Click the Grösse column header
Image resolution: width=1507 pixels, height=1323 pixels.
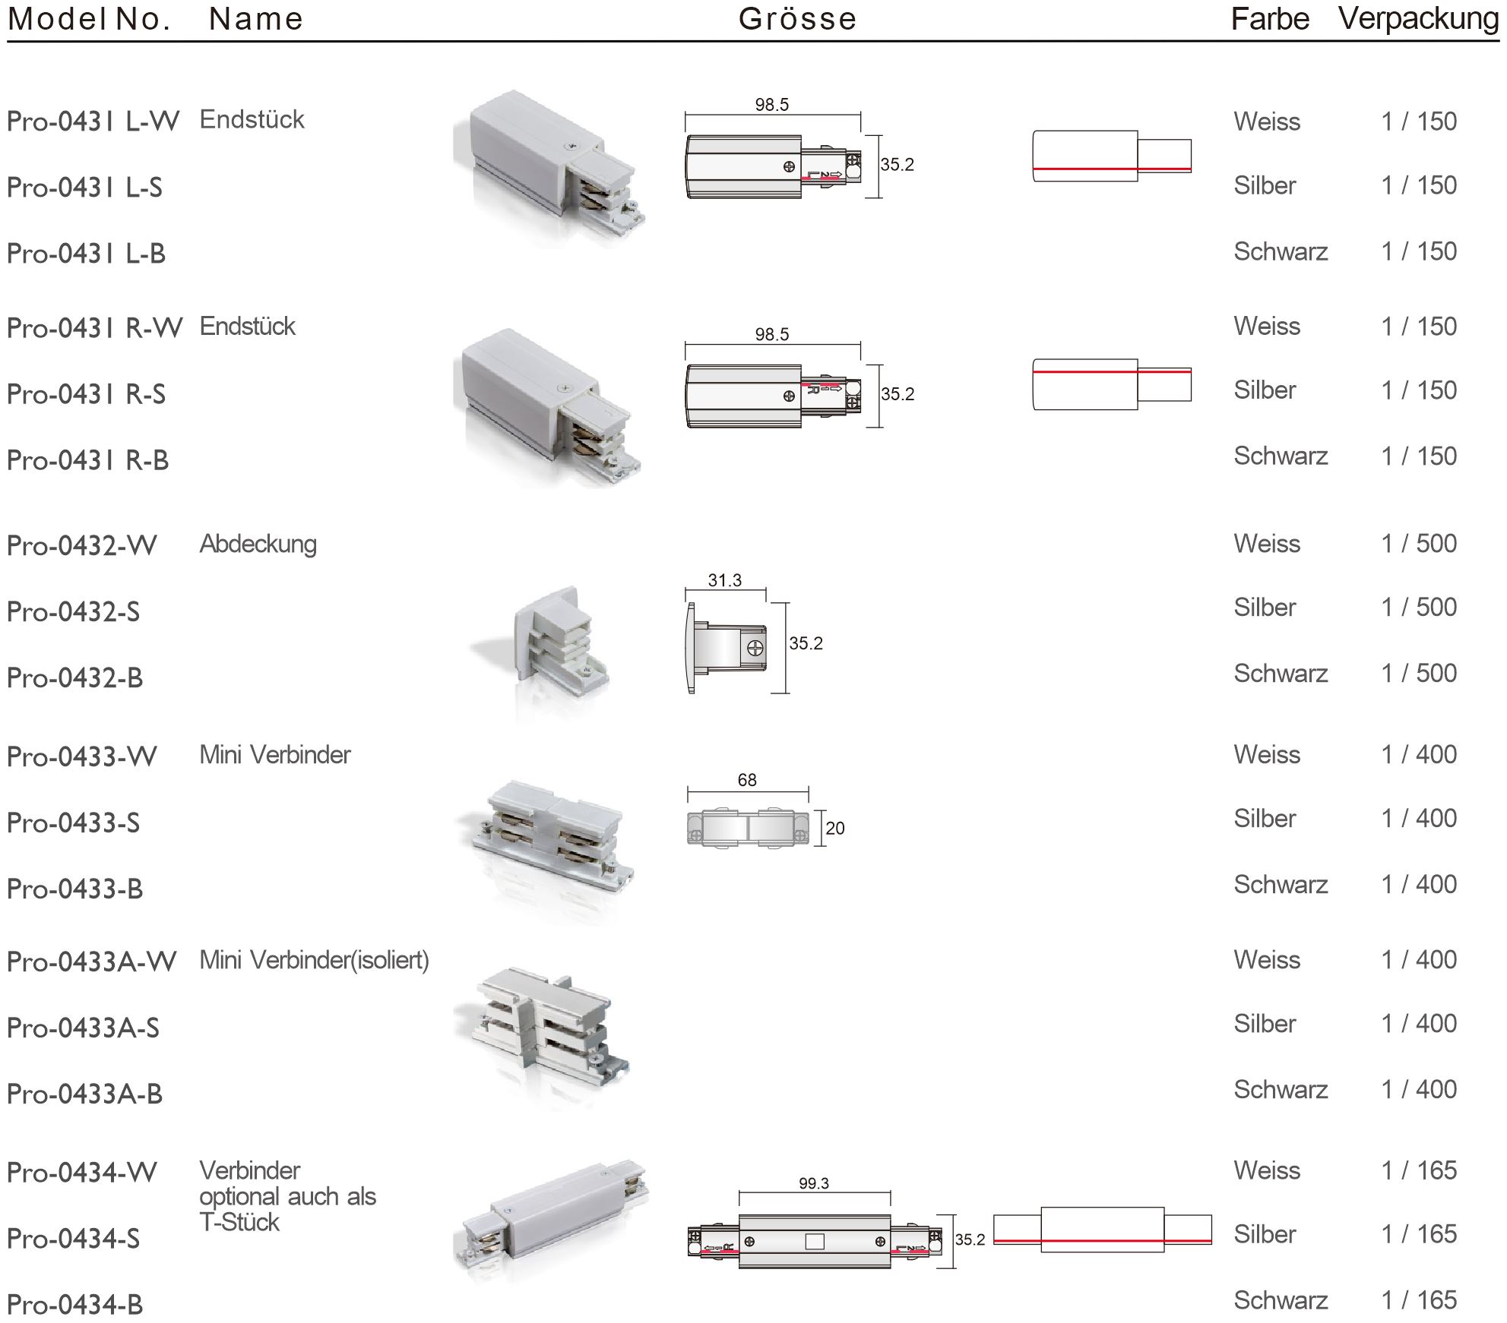797,19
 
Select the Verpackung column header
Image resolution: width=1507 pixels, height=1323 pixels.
1418,19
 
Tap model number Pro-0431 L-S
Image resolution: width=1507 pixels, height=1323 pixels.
84,188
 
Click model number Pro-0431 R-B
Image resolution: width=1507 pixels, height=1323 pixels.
87,460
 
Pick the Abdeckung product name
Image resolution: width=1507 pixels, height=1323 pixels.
258,544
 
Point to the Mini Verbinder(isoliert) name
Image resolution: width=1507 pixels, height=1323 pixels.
314,960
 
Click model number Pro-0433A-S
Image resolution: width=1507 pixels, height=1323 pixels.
83,1028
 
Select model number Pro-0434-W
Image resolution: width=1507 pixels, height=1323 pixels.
81,1173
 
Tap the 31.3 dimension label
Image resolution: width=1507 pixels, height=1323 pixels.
724,580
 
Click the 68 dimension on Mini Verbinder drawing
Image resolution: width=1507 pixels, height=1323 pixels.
747,780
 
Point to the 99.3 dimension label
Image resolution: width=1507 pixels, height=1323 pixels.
814,1183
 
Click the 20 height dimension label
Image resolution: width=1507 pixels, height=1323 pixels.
835,829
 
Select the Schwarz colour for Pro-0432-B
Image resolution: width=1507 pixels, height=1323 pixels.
1281,674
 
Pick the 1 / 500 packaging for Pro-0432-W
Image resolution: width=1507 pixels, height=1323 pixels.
1419,544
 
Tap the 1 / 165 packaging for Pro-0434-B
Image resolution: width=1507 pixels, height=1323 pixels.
1419,1300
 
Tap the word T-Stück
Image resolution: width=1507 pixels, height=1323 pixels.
239,1223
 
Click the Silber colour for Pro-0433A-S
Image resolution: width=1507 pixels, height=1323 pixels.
1265,1024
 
